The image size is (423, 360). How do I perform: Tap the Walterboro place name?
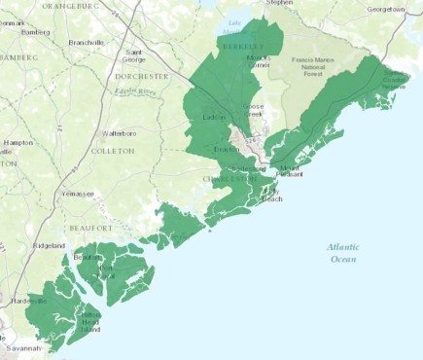click(x=117, y=131)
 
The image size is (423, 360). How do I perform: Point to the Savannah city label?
click(x=20, y=347)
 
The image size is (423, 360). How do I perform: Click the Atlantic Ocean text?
click(x=342, y=254)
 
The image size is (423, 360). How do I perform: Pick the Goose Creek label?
click(x=253, y=111)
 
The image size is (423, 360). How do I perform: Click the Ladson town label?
click(x=213, y=117)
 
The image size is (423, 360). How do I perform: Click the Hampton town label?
click(x=18, y=142)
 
